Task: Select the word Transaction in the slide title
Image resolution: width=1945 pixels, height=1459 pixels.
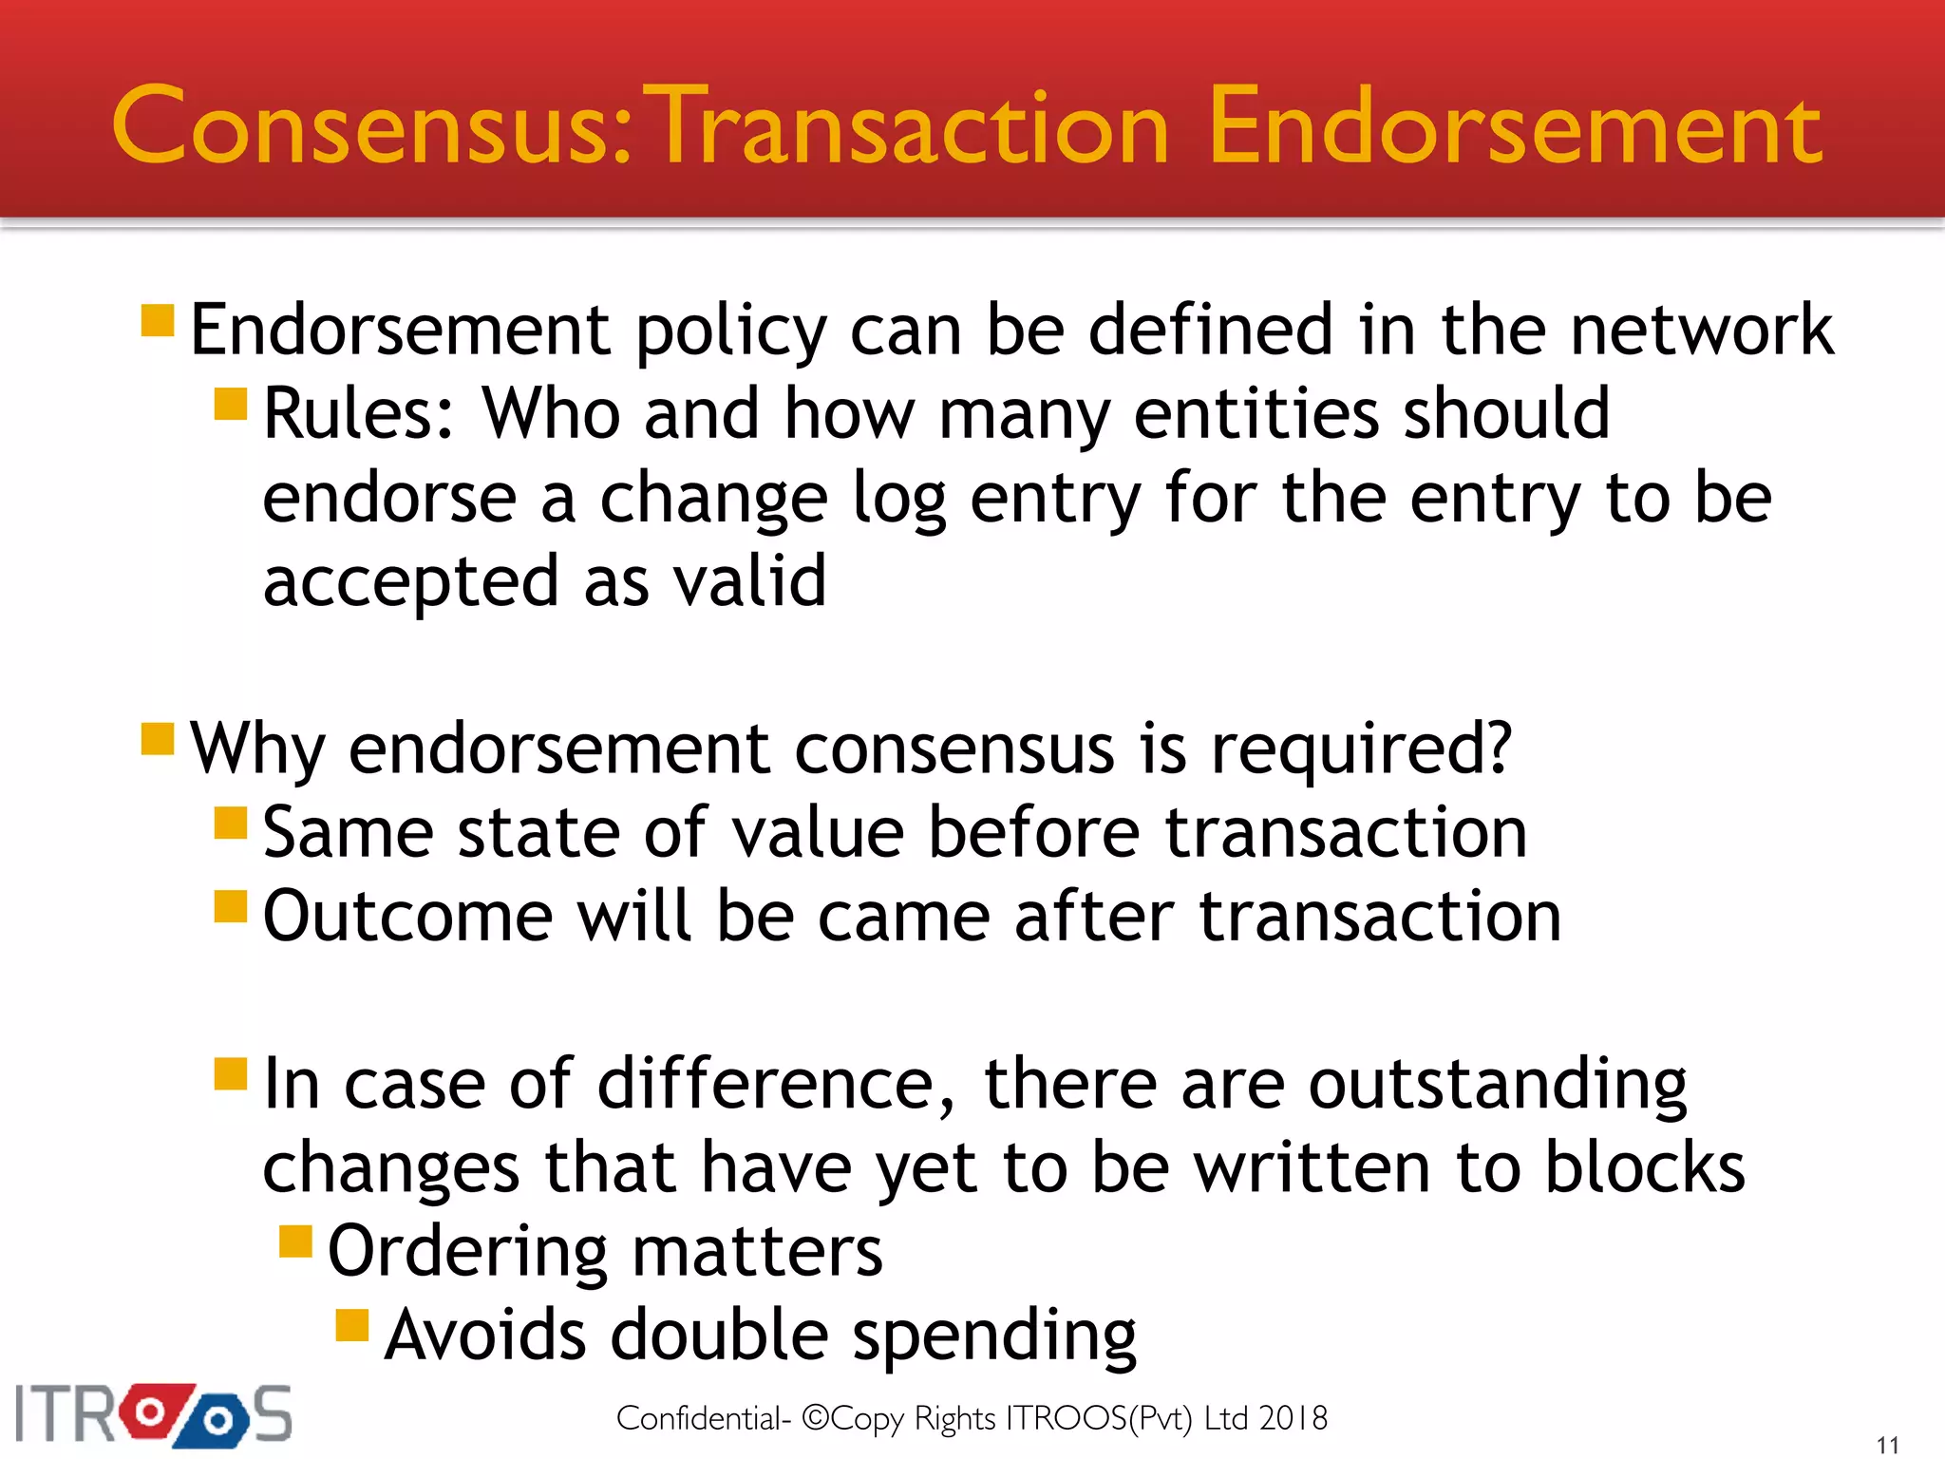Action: tap(910, 126)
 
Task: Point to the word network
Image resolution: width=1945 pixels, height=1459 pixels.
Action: tap(1701, 330)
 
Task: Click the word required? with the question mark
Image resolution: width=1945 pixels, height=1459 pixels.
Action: tap(1360, 749)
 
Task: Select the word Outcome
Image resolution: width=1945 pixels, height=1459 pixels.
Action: tap(407, 917)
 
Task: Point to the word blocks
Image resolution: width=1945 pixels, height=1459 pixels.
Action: tap(1644, 1167)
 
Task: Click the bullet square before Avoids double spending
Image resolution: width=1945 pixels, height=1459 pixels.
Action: tap(352, 1325)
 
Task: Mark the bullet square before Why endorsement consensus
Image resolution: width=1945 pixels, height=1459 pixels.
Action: tap(158, 738)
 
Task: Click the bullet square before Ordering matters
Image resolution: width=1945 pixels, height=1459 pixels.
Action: tap(296, 1241)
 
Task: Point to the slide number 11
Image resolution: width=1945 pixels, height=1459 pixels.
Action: tap(1887, 1445)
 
